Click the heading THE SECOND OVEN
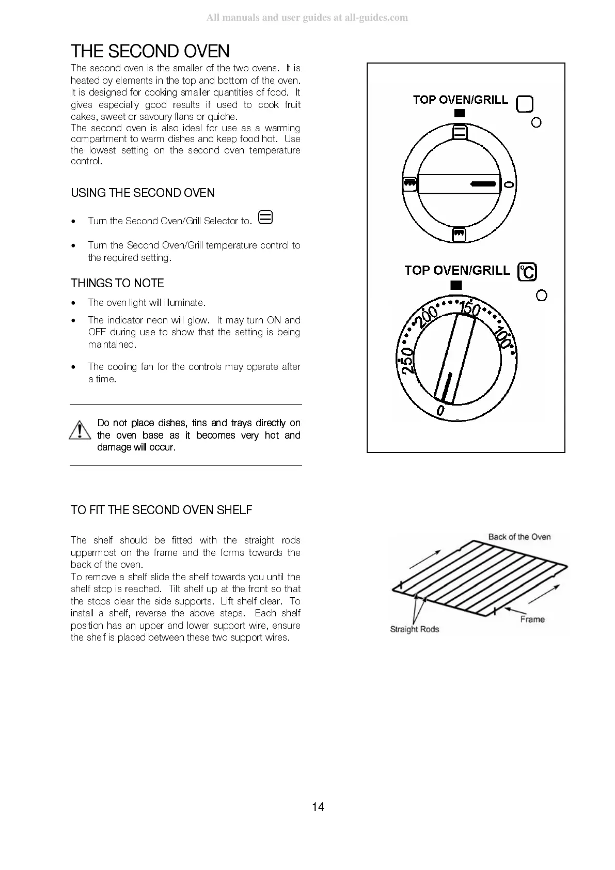(x=150, y=51)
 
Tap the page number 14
(x=318, y=807)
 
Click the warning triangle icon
(x=79, y=431)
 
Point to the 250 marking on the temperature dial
(x=407, y=358)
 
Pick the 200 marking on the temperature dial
(x=429, y=317)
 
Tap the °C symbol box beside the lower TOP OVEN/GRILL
(x=527, y=272)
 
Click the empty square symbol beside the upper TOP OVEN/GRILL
(x=525, y=104)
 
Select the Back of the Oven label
(x=519, y=537)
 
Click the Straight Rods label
(x=414, y=629)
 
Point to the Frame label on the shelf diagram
(x=532, y=619)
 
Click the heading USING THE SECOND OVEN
(x=143, y=193)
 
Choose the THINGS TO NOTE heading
(x=117, y=283)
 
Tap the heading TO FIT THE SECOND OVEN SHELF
(x=162, y=510)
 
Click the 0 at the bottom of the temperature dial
(x=440, y=410)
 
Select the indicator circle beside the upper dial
(x=537, y=122)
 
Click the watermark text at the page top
(x=307, y=18)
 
